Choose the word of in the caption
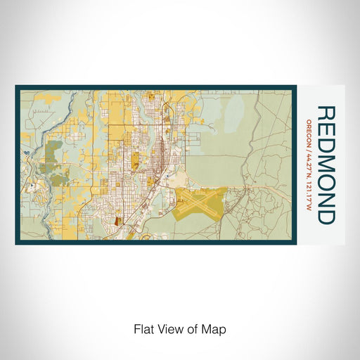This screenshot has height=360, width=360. click(192, 328)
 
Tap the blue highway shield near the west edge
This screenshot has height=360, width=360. click(26, 151)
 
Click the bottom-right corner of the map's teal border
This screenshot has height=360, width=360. click(295, 243)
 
